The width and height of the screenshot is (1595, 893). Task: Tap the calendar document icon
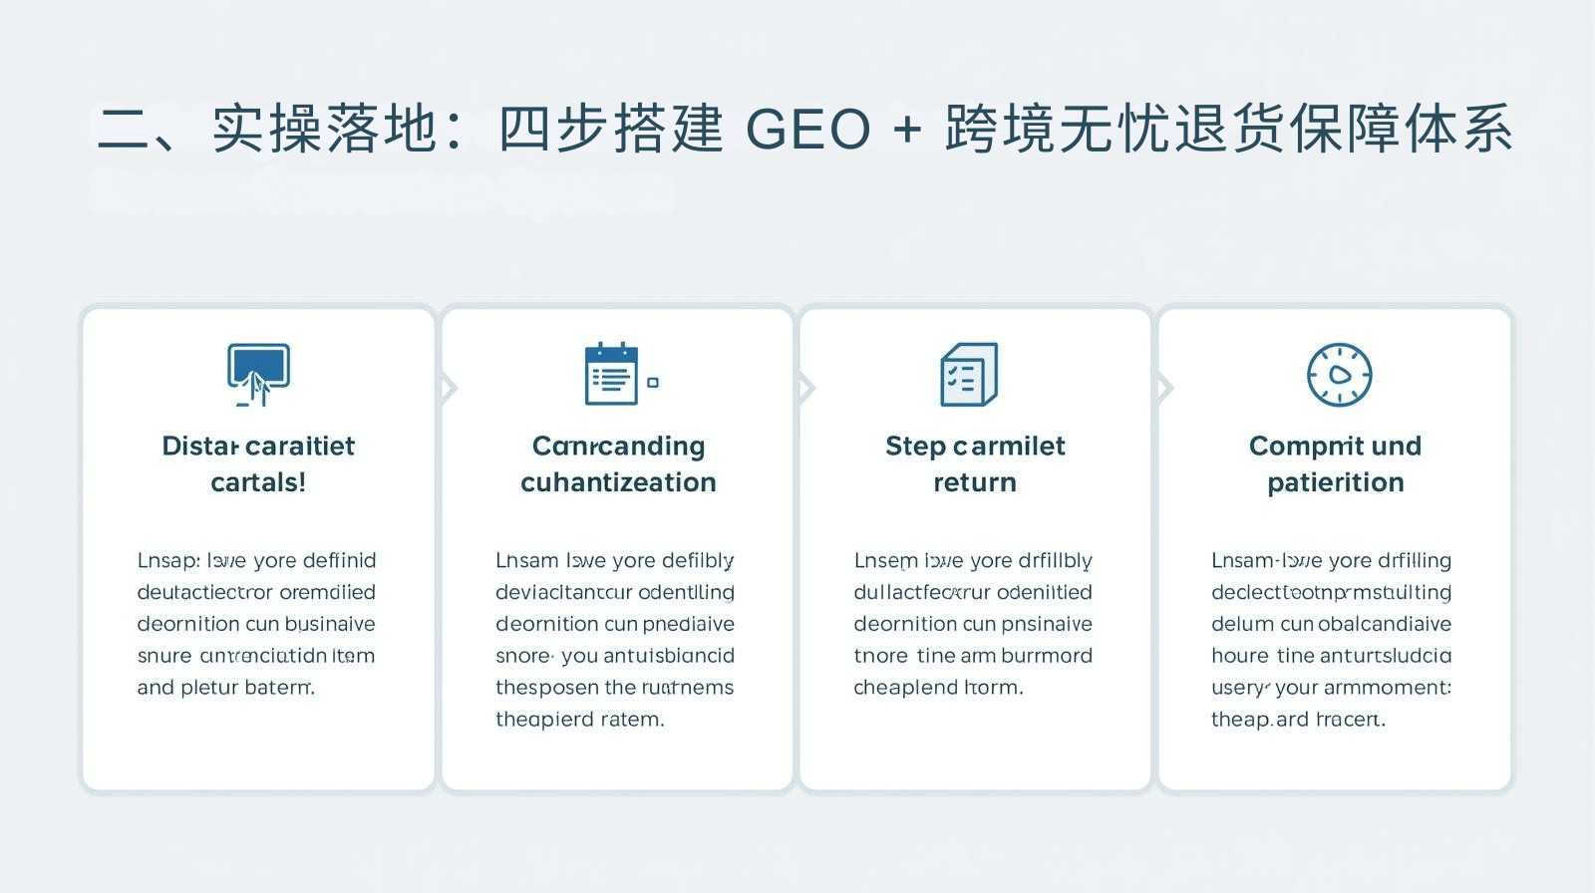pos(611,375)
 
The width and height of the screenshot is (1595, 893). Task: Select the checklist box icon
pos(968,375)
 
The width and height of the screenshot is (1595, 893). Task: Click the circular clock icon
pos(1339,375)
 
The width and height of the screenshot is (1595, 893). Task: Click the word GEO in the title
pos(807,130)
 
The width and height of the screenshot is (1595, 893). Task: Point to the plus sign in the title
pos(907,130)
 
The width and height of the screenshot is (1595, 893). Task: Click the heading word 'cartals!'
pos(258,482)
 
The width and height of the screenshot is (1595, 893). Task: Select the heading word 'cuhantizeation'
pos(618,482)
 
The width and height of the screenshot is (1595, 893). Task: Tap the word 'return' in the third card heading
pos(975,482)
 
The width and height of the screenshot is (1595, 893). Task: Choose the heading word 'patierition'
pos(1335,482)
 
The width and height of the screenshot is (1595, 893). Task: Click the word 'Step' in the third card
pos(914,446)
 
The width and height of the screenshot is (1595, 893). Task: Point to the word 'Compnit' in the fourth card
pos(1293,446)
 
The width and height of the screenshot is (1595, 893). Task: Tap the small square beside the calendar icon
pos(653,383)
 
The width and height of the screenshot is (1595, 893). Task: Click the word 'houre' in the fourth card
pos(1240,656)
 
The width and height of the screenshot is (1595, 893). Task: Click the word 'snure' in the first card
pos(163,656)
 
